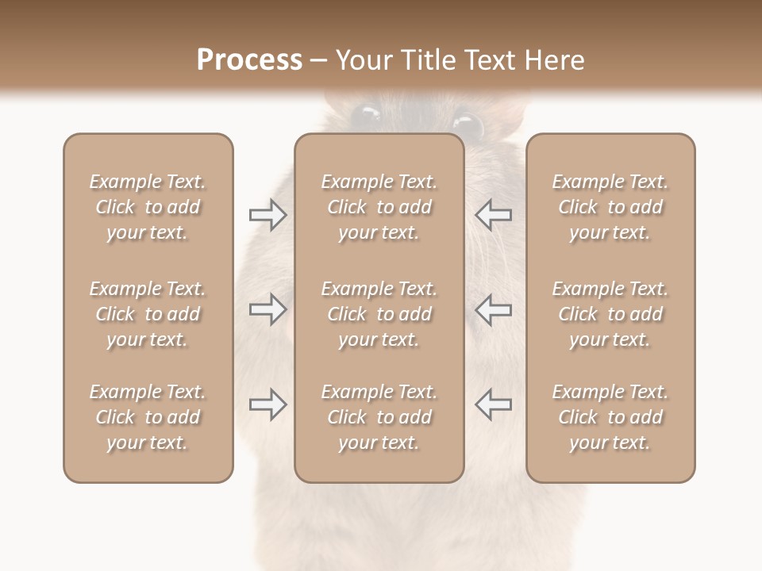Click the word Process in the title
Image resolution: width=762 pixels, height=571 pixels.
coord(249,59)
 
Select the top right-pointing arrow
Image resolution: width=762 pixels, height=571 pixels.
coord(268,215)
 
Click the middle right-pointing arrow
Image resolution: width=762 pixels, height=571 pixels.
coord(268,309)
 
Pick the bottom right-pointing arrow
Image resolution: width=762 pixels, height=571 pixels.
coord(268,404)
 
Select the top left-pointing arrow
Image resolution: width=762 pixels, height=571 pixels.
coord(493,215)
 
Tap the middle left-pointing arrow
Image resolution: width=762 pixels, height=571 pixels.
coord(493,309)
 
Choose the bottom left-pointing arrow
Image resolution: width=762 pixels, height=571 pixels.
coord(493,404)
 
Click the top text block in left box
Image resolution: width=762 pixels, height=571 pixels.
coord(148,207)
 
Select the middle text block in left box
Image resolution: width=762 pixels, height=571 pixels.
coord(148,314)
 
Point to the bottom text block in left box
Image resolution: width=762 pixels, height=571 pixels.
coord(148,417)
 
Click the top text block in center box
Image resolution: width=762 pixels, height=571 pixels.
coord(379,207)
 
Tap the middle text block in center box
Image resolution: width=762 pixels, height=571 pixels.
coord(379,314)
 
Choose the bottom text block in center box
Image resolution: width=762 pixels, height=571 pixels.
coord(379,417)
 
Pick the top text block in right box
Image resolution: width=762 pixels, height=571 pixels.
coord(610,207)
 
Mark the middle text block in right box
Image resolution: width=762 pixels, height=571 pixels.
coord(610,314)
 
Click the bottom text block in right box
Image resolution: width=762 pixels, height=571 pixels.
coord(610,417)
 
